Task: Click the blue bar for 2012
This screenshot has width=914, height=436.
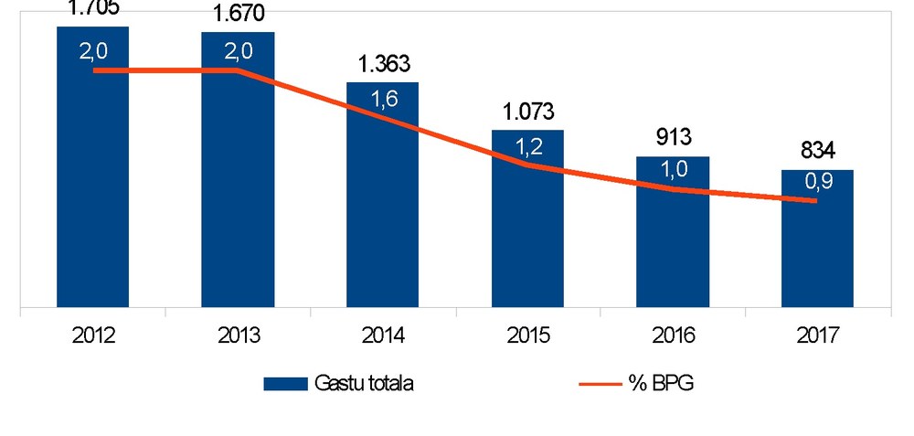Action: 92,183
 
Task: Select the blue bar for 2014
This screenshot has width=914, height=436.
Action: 382,210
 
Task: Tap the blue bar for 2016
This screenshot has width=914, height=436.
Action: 673,247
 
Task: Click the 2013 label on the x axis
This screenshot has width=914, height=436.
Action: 238,335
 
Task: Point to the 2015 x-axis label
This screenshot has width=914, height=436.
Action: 527,335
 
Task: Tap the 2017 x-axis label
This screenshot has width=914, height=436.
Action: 817,335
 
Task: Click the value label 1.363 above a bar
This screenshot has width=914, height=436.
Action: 383,65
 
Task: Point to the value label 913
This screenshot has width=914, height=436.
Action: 673,139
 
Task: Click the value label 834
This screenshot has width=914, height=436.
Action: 817,152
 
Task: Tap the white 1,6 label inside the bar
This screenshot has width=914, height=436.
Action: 383,101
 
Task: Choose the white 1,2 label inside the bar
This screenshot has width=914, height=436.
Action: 527,148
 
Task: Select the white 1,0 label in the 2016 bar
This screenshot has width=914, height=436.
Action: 673,172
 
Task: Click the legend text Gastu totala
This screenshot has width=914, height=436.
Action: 364,384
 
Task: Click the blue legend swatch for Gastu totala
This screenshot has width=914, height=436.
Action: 285,384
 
